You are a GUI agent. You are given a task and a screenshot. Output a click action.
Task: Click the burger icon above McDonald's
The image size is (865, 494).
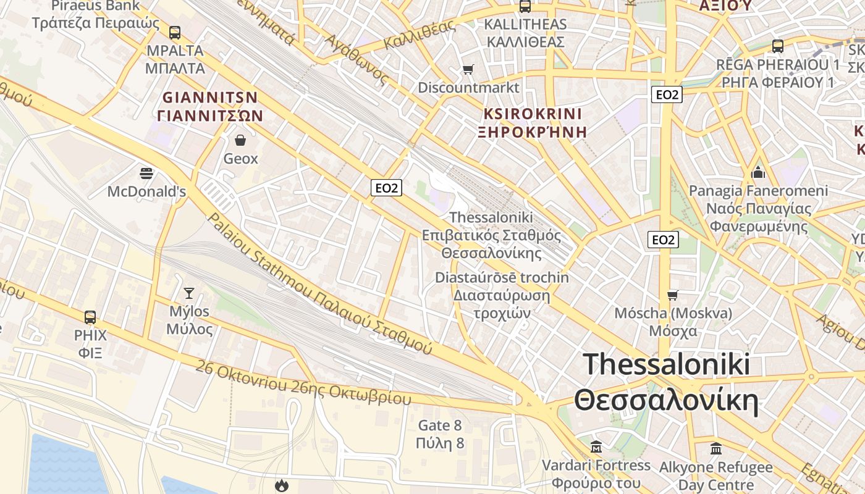tap(146, 174)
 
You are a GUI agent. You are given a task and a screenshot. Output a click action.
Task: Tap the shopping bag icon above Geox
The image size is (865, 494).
tap(240, 141)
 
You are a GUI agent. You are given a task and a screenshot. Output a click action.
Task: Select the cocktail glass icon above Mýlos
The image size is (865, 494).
tap(189, 293)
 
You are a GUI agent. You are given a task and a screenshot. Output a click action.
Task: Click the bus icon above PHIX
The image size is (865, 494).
tap(90, 317)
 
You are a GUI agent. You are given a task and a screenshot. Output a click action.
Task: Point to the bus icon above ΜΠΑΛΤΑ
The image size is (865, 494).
tap(175, 33)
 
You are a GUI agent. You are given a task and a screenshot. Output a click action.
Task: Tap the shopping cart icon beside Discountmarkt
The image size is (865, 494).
tap(468, 69)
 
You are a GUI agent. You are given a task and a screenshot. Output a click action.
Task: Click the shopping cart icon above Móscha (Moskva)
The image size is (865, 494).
tap(672, 295)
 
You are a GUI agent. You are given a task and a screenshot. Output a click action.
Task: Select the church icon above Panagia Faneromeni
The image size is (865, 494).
tap(758, 172)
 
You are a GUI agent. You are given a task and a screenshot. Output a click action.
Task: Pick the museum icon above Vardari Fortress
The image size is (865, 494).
tap(596, 446)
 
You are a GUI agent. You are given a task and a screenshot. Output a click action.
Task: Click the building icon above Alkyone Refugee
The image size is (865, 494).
tap(716, 448)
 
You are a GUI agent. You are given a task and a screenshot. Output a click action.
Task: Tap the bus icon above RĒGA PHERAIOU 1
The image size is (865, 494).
tap(777, 46)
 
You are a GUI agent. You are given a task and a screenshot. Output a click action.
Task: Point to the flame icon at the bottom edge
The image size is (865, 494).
tap(282, 485)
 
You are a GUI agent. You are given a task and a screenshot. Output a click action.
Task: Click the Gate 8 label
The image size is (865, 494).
tap(440, 425)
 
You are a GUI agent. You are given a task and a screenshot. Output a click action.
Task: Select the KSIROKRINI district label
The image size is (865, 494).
tap(532, 114)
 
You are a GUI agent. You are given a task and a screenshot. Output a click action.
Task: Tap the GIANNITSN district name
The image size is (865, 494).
tap(210, 98)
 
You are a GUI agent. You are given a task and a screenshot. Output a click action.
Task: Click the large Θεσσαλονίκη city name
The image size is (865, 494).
tap(666, 401)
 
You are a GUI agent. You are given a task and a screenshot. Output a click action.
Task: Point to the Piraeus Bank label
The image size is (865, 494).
tap(95, 6)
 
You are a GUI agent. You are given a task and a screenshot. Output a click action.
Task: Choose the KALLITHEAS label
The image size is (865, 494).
tap(525, 25)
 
